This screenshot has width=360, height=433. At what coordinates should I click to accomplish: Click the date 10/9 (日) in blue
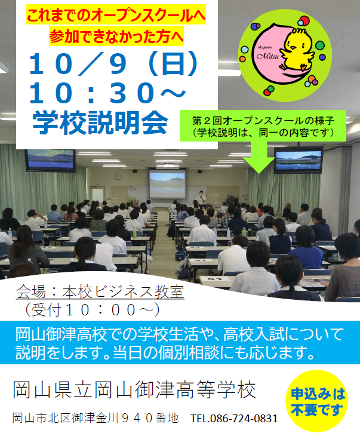click(x=113, y=64)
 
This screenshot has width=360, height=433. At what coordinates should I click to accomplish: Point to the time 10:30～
click(x=107, y=93)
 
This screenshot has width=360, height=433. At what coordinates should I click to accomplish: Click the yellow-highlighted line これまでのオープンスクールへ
click(x=116, y=16)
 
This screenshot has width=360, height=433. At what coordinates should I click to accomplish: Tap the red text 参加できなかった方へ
click(x=116, y=36)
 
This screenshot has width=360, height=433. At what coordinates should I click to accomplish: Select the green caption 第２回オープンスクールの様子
click(x=263, y=121)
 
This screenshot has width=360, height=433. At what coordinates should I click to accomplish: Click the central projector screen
click(x=167, y=183)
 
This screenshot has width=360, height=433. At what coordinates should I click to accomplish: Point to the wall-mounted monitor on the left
click(x=51, y=161)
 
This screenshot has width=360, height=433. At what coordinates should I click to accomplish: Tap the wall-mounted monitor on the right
click(x=299, y=161)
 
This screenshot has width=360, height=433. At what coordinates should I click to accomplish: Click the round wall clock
click(x=118, y=177)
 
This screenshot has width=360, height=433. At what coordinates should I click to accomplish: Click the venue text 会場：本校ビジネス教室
click(x=100, y=292)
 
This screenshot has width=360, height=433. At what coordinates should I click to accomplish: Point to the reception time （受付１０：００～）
click(x=92, y=310)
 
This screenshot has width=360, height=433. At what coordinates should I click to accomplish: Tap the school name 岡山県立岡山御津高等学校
click(x=134, y=389)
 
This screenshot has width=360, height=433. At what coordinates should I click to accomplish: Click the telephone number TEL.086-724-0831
click(x=234, y=419)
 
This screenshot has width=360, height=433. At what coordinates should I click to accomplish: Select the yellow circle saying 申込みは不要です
click(x=316, y=401)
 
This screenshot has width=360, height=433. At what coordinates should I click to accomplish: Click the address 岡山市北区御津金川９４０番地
click(x=96, y=418)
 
